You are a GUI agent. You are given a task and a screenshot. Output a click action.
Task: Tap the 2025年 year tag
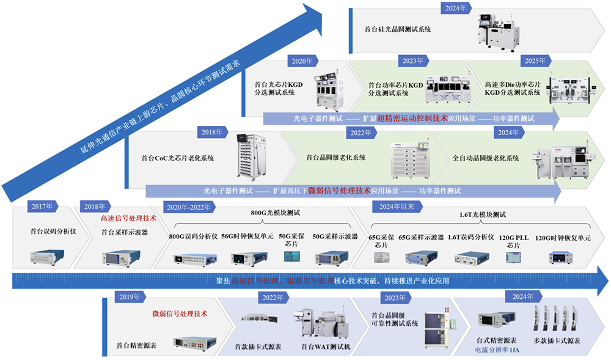535,61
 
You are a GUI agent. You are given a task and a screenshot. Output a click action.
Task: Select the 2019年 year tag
129,297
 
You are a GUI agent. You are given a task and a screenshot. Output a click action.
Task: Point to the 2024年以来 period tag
397,207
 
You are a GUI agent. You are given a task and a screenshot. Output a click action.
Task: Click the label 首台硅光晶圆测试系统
398,29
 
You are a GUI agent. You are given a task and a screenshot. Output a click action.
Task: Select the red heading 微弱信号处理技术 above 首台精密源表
180,314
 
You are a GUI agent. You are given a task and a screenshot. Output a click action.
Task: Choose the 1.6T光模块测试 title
483,215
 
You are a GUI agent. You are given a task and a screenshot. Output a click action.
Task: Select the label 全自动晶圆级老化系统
486,158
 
